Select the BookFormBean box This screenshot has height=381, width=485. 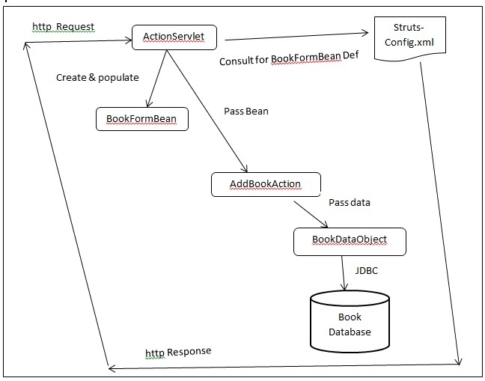(x=141, y=118)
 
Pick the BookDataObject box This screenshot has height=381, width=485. (x=349, y=240)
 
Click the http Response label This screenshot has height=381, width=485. (x=177, y=352)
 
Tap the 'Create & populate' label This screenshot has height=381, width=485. (x=97, y=77)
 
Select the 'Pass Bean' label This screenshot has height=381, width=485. (x=246, y=111)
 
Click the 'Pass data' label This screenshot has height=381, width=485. (x=349, y=202)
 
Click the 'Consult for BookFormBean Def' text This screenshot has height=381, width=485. (x=284, y=61)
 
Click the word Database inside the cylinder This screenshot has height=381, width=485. (x=349, y=332)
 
